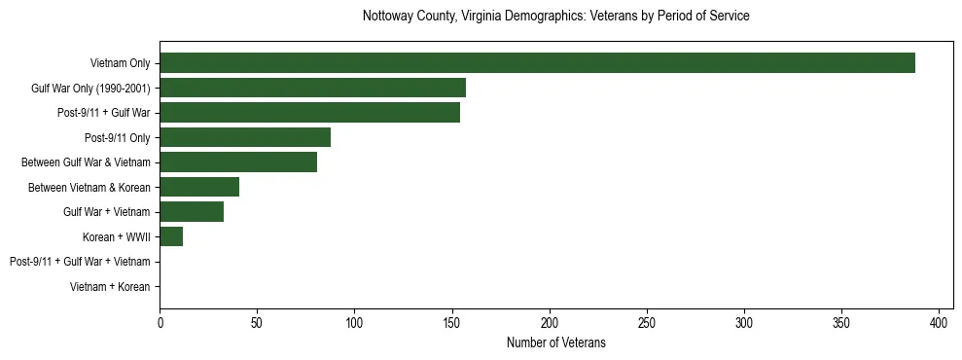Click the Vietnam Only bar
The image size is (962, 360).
(537, 63)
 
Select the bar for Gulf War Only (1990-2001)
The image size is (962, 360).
(312, 88)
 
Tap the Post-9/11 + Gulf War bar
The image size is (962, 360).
(309, 113)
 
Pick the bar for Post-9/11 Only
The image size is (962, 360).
(245, 137)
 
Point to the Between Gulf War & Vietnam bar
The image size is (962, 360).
(238, 162)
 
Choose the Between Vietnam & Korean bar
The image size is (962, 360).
(199, 187)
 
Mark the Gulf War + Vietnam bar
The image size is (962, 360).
(193, 212)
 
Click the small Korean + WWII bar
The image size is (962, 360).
(171, 236)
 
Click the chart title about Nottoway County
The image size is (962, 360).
(555, 17)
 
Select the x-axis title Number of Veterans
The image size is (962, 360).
(555, 342)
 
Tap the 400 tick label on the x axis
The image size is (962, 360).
(940, 322)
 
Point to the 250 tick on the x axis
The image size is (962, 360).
(647, 322)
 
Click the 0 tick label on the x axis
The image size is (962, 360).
(160, 322)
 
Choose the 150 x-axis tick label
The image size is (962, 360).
(452, 322)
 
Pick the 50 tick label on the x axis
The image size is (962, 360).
(257, 322)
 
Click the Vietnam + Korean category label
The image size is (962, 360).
(110, 287)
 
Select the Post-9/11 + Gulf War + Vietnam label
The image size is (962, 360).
(80, 262)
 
